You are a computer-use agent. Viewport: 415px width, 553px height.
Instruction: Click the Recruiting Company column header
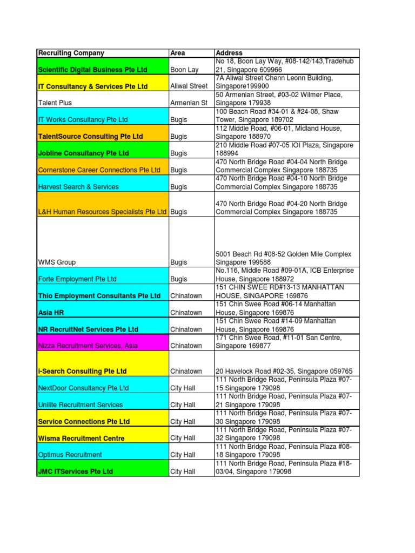pyautogui.click(x=70, y=53)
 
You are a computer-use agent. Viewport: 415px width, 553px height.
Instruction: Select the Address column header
pyautogui.click(x=229, y=53)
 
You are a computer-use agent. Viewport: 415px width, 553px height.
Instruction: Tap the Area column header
pyautogui.click(x=177, y=53)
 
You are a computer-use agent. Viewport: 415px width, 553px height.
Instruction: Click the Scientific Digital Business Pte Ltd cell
pyautogui.click(x=92, y=70)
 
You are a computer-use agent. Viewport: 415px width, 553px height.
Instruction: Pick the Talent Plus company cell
pyautogui.click(x=55, y=103)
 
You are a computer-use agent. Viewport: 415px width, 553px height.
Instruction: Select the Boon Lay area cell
pyautogui.click(x=184, y=70)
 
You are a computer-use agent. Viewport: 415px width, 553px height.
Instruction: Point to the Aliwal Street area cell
pyautogui.click(x=189, y=86)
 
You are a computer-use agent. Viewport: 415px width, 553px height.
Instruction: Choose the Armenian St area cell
pyautogui.click(x=189, y=103)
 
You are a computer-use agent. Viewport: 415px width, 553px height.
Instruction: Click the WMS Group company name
pyautogui.click(x=57, y=262)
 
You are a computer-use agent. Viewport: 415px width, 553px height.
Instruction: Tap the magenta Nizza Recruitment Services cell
pyautogui.click(x=88, y=346)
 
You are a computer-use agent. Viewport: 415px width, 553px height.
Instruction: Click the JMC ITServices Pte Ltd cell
pyautogui.click(x=76, y=471)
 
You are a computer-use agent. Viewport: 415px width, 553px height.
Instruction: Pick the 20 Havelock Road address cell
pyautogui.click(x=284, y=371)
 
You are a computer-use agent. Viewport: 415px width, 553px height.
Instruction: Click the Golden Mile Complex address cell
pyautogui.click(x=283, y=258)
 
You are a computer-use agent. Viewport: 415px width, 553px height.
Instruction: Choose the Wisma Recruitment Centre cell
pyautogui.click(x=81, y=438)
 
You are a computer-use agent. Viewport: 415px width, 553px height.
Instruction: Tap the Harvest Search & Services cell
pyautogui.click(x=78, y=187)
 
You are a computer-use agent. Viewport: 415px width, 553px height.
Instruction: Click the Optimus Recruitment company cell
pyautogui.click(x=70, y=455)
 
